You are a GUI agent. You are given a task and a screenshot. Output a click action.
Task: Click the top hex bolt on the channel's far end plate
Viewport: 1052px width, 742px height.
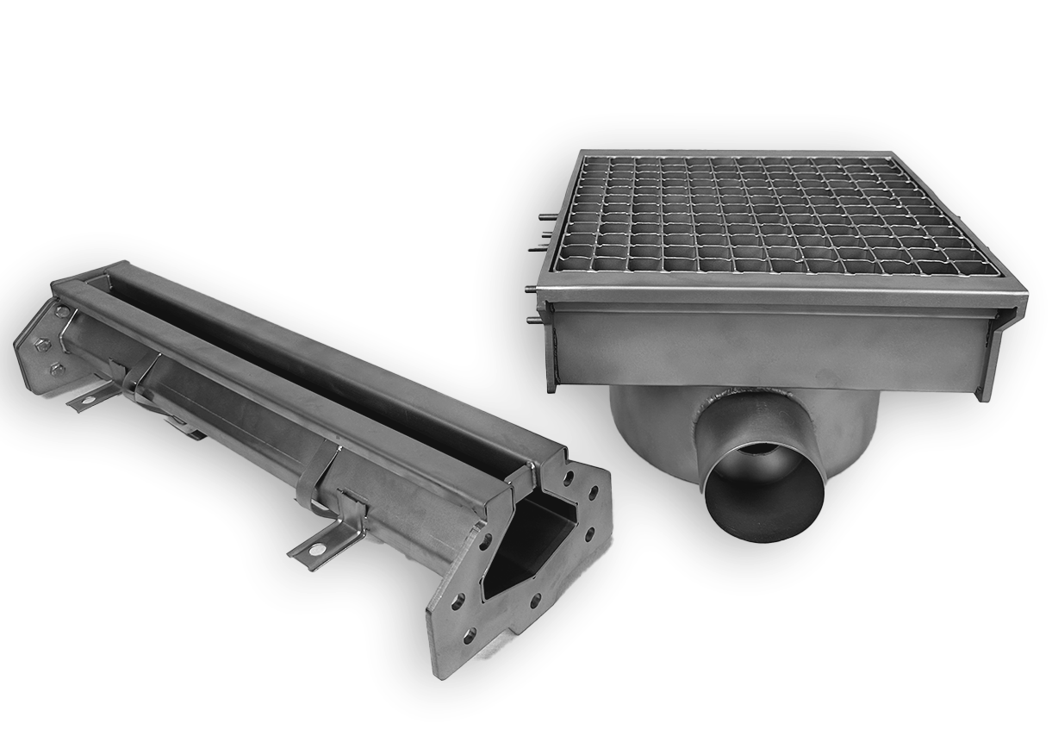pyautogui.click(x=63, y=312)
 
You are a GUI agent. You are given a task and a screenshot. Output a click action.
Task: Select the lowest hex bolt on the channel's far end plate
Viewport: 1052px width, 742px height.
pyautogui.click(x=57, y=370)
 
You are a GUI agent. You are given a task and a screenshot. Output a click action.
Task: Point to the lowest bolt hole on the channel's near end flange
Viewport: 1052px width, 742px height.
pyautogui.click(x=470, y=637)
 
